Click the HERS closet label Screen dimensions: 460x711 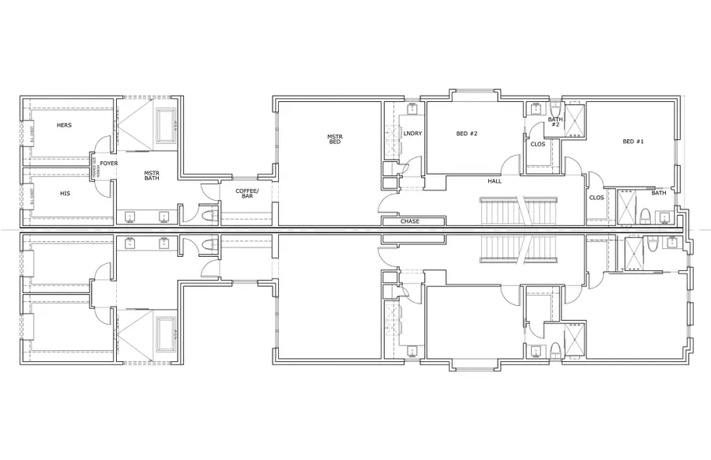(x=64, y=126)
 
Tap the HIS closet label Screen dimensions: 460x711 (x=66, y=192)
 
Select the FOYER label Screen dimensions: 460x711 (x=108, y=164)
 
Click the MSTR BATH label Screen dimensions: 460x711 (x=152, y=175)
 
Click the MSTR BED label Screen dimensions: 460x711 (x=335, y=139)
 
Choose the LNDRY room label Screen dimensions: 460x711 (x=412, y=134)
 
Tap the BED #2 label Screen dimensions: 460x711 (x=467, y=134)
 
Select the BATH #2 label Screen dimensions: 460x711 (x=555, y=122)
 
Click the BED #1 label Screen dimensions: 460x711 (x=634, y=141)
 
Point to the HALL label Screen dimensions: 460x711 (x=495, y=181)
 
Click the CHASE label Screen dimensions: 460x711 (x=409, y=221)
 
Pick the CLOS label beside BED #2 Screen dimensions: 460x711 (x=537, y=145)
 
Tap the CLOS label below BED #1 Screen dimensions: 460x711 (x=597, y=198)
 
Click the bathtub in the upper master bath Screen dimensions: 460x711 (x=167, y=123)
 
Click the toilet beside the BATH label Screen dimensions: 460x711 (x=644, y=215)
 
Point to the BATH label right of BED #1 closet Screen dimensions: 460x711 (x=659, y=193)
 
